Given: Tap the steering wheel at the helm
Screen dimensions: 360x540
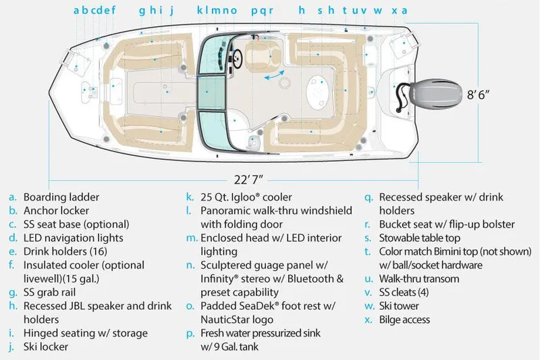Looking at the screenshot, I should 235,57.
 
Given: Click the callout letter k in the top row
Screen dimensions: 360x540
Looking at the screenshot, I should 199,10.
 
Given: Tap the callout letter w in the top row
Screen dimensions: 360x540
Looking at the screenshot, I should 378,10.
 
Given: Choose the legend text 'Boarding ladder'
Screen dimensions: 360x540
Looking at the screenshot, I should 61,197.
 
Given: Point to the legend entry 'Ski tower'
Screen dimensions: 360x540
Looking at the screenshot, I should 402,306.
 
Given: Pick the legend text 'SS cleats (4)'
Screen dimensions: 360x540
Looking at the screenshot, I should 410,292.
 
